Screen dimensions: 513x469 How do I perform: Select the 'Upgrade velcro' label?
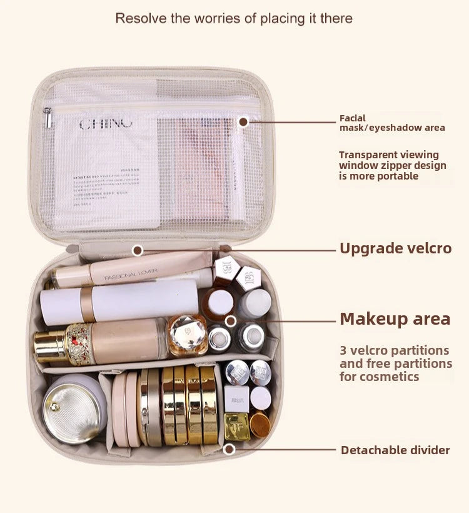[x=395, y=248]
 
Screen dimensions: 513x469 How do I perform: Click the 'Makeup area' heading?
[x=395, y=319]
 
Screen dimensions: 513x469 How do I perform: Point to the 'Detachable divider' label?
[x=395, y=450]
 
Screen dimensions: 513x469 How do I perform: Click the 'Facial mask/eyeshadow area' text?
[x=391, y=123]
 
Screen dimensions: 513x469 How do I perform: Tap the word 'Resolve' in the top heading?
[x=142, y=19]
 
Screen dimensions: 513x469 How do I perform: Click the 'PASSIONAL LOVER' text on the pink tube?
[x=131, y=273]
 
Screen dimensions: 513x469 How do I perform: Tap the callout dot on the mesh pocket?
[x=243, y=121]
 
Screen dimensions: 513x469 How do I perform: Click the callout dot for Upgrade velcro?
[x=138, y=250]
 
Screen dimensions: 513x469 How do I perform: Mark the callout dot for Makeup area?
[x=231, y=321]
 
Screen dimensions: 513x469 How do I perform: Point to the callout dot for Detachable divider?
[x=229, y=449]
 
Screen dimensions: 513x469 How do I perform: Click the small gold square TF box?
[x=237, y=425]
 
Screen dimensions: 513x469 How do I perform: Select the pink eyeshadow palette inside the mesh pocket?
[x=196, y=166]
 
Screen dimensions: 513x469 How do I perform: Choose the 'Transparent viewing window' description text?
[x=392, y=165]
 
